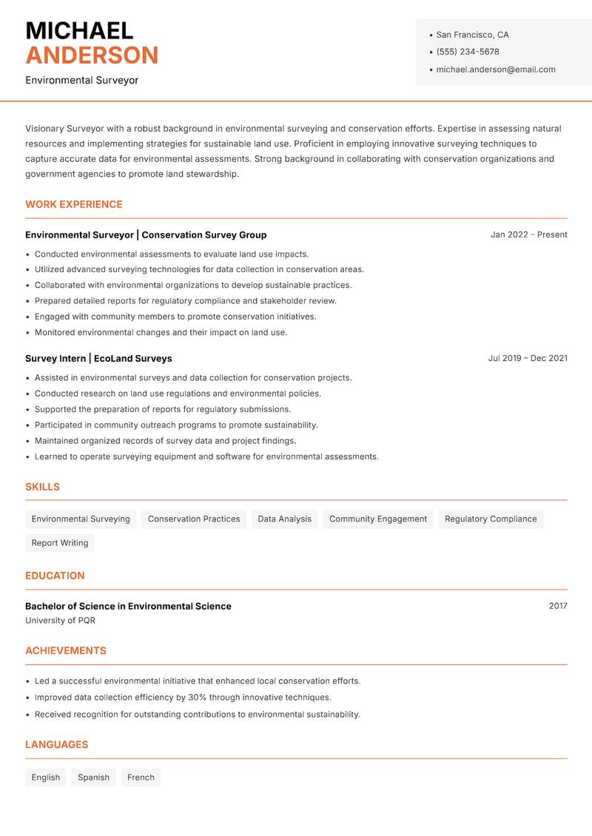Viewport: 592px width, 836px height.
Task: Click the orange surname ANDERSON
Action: [x=92, y=55]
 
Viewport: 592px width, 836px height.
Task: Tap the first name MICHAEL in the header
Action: [x=79, y=30]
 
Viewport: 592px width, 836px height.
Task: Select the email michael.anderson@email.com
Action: [x=495, y=70]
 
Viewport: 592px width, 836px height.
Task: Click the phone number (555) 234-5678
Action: [x=467, y=52]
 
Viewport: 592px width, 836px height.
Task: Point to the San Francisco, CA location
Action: [x=472, y=35]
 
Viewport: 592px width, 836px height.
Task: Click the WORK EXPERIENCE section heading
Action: [x=74, y=204]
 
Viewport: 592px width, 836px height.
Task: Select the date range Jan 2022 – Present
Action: [x=528, y=235]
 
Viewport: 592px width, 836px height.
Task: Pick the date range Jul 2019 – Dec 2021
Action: [x=527, y=358]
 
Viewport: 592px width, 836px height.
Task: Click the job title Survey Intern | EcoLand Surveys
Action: [x=98, y=358]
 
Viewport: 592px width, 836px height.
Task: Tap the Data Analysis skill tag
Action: [x=284, y=519]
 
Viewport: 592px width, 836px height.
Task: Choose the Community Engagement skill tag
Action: [x=377, y=519]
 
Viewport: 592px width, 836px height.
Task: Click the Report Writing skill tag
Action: [x=60, y=543]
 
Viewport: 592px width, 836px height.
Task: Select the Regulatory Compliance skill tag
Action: [x=491, y=519]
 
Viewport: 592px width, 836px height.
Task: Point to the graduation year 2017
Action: [x=558, y=606]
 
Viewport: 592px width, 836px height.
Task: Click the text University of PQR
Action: [x=60, y=621]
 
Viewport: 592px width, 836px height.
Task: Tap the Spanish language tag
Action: [x=93, y=778]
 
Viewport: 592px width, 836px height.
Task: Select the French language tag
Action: [x=141, y=778]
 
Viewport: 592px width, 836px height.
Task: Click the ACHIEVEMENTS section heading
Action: [x=66, y=651]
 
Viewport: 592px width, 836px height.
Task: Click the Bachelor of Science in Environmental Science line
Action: [x=128, y=606]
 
